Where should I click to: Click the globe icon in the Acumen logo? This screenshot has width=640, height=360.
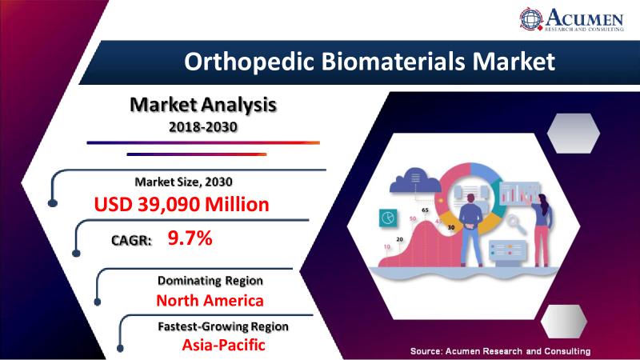[531, 19]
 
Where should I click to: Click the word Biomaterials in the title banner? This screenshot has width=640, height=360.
[393, 62]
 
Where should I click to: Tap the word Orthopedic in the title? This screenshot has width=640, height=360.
[249, 62]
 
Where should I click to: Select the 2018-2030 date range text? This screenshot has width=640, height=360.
[203, 127]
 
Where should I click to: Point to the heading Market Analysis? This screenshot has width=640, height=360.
[203, 105]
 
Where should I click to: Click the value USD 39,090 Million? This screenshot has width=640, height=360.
[182, 204]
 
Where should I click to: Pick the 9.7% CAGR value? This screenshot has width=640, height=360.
[190, 238]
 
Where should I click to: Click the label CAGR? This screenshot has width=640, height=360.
[131, 240]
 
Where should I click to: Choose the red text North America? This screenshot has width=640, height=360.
[210, 301]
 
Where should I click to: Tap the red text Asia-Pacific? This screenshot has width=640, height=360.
[223, 345]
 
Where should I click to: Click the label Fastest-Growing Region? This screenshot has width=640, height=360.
[223, 326]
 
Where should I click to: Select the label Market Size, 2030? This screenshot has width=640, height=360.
[183, 182]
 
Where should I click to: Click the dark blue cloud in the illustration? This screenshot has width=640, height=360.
[414, 181]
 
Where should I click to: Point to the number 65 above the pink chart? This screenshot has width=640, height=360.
[425, 210]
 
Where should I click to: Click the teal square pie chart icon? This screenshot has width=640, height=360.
[388, 217]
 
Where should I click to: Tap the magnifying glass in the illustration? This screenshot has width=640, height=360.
[515, 224]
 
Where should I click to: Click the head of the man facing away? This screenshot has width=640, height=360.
[470, 198]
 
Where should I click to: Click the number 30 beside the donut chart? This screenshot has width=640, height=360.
[451, 227]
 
